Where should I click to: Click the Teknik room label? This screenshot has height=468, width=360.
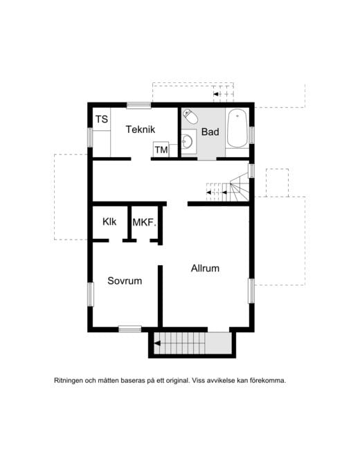tap(141, 129)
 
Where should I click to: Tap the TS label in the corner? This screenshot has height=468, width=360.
tap(102, 119)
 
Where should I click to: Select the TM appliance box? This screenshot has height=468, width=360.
tap(161, 150)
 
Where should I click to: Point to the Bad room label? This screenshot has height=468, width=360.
tap(210, 132)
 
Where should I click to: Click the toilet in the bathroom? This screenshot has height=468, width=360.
tap(190, 116)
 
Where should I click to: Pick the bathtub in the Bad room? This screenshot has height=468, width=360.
tap(237, 128)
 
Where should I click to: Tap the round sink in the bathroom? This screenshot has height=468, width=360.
tap(188, 141)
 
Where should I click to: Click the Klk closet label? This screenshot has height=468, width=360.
tap(109, 222)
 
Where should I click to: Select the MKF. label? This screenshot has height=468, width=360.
tap(145, 222)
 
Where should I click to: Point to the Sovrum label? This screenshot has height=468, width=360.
tap(125, 281)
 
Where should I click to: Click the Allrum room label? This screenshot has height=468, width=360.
tap(205, 269)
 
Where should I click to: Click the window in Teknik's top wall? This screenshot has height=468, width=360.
tap(138, 105)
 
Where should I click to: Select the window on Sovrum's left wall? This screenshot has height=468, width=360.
tap(90, 294)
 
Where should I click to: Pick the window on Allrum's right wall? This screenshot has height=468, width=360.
tap(251, 291)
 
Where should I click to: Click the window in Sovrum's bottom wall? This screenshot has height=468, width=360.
tap(130, 330)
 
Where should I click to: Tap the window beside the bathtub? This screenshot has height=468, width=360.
tap(251, 135)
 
